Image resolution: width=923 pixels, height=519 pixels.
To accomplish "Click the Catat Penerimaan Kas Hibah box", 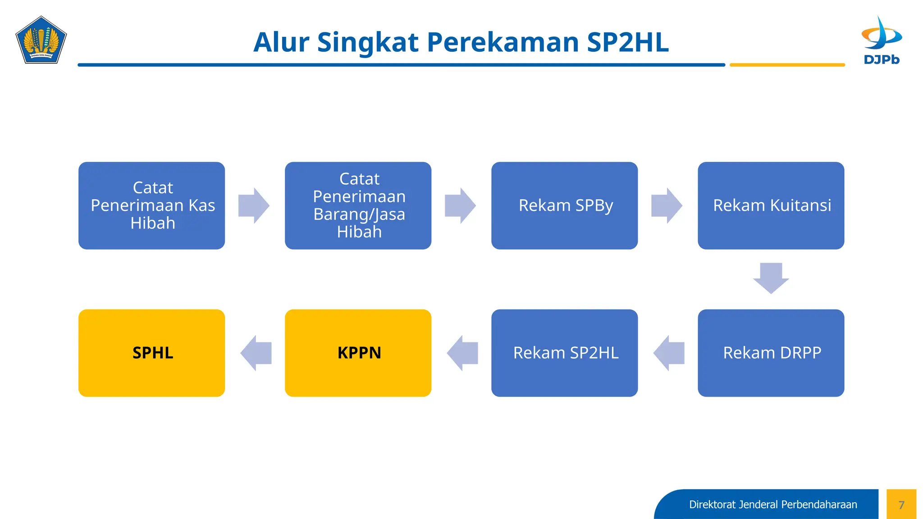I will pyautogui.click(x=151, y=205).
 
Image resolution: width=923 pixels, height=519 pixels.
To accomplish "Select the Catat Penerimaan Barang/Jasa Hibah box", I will pyautogui.click(x=358, y=205).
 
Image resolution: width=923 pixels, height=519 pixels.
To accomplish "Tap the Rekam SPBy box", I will pyautogui.click(x=564, y=205).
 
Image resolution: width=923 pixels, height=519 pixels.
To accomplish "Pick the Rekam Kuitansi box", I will pyautogui.click(x=771, y=205).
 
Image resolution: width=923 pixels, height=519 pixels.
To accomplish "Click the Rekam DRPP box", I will pyautogui.click(x=771, y=353).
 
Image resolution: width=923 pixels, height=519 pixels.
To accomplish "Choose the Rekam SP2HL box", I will pyautogui.click(x=564, y=353).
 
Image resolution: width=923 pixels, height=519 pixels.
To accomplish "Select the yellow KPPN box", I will pyautogui.click(x=358, y=353).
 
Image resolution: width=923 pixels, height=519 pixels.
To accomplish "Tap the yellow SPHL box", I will pyautogui.click(x=151, y=353).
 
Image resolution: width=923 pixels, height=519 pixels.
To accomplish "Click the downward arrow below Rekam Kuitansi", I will pyautogui.click(x=771, y=278).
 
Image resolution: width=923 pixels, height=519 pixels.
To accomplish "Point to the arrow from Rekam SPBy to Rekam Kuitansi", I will pyautogui.click(x=667, y=205).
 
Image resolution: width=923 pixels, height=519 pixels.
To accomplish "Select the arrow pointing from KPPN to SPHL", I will pyautogui.click(x=256, y=353).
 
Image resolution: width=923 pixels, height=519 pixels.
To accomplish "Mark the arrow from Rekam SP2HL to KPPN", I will pyautogui.click(x=462, y=353).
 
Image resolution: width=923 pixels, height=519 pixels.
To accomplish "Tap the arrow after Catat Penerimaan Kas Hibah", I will pyautogui.click(x=254, y=205).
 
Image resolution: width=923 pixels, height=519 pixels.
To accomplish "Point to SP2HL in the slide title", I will pyautogui.click(x=627, y=42).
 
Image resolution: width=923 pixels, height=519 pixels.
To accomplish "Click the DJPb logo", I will pyautogui.click(x=881, y=41).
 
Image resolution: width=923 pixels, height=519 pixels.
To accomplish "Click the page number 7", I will pyautogui.click(x=901, y=505).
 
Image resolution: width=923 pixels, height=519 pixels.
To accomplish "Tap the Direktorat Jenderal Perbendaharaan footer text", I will pyautogui.click(x=772, y=505).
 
